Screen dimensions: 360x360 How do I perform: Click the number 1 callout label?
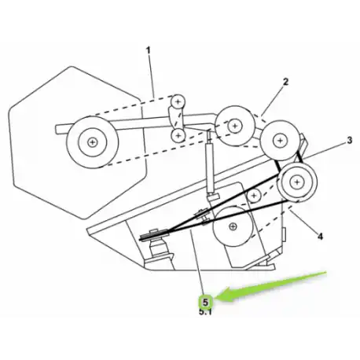pos(149,50)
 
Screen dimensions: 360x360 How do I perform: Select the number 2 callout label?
pos(285,82)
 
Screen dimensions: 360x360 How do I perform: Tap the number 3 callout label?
pos(350,141)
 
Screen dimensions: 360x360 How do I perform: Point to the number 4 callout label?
pos(320,237)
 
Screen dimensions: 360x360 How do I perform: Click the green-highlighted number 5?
pos(205,303)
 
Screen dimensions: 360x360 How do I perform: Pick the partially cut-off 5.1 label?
pos(205,312)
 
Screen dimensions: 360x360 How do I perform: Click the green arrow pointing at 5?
pos(271,287)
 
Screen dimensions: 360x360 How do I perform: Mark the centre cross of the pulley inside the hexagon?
pos(92,142)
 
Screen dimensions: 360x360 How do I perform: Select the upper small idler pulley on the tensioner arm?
pos(178,101)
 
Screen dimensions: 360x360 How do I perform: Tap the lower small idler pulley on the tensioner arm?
pos(178,136)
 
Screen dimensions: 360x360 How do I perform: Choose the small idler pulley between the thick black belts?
pos(254,196)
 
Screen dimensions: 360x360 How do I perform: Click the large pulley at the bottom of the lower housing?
pos(233,226)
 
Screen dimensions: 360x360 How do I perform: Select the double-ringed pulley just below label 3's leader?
pos(297,182)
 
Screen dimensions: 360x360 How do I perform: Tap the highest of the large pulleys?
pos(235,126)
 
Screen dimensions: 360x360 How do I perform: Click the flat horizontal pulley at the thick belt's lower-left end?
pos(154,235)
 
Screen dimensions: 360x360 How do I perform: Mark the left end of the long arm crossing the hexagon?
pos(56,130)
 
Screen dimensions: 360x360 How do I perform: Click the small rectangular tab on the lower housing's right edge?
pos(284,234)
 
